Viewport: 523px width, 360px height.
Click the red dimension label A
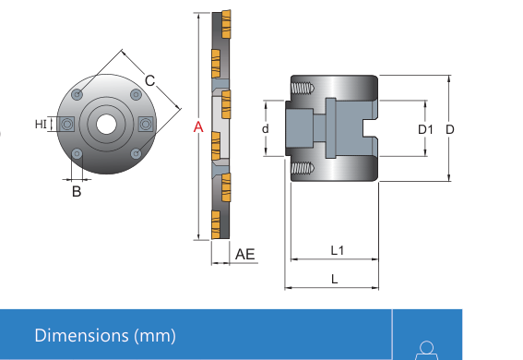coord(198,127)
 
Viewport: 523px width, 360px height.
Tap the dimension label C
coord(150,80)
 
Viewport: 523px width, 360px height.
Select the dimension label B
coord(77,191)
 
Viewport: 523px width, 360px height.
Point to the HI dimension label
coord(41,124)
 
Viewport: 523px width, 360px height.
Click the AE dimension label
coord(244,254)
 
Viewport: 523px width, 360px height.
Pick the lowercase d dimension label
coord(265,128)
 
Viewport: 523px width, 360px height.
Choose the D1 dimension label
coord(425,129)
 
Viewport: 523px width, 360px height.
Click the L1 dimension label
coord(338,250)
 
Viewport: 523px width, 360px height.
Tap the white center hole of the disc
coord(106,124)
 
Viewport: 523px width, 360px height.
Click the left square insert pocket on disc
coord(67,125)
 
